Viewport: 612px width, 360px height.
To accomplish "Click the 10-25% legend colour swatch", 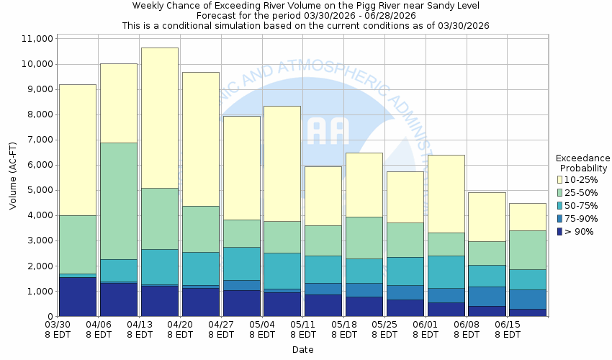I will click(560, 179).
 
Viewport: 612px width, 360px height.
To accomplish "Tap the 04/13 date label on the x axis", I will click(140, 329).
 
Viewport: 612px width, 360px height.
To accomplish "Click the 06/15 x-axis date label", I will click(508, 329).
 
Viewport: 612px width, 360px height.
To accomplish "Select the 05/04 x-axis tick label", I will click(263, 329).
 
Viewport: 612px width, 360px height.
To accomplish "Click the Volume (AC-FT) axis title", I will click(13, 177).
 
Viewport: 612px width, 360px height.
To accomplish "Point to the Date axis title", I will click(302, 350).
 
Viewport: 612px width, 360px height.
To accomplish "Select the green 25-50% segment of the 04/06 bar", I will click(118, 201).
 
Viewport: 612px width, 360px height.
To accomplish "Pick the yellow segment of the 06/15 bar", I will click(528, 217).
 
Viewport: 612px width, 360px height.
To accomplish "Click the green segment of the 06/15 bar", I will click(528, 250).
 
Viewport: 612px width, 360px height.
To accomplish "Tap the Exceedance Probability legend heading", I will click(582, 163).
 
